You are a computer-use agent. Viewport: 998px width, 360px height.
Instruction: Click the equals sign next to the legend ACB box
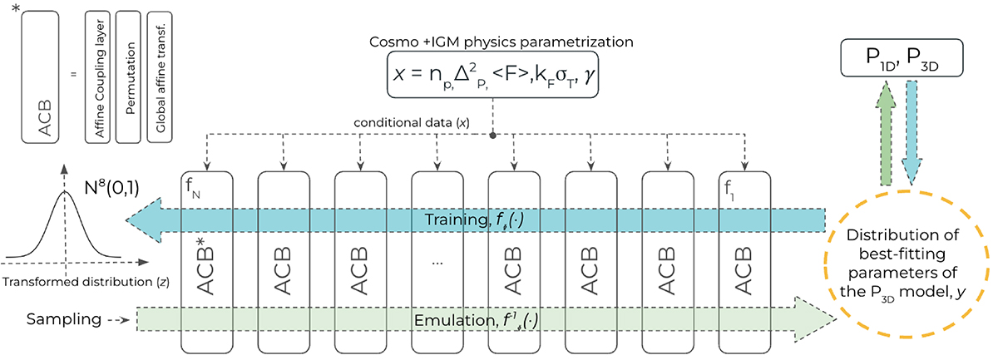[x=73, y=75]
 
